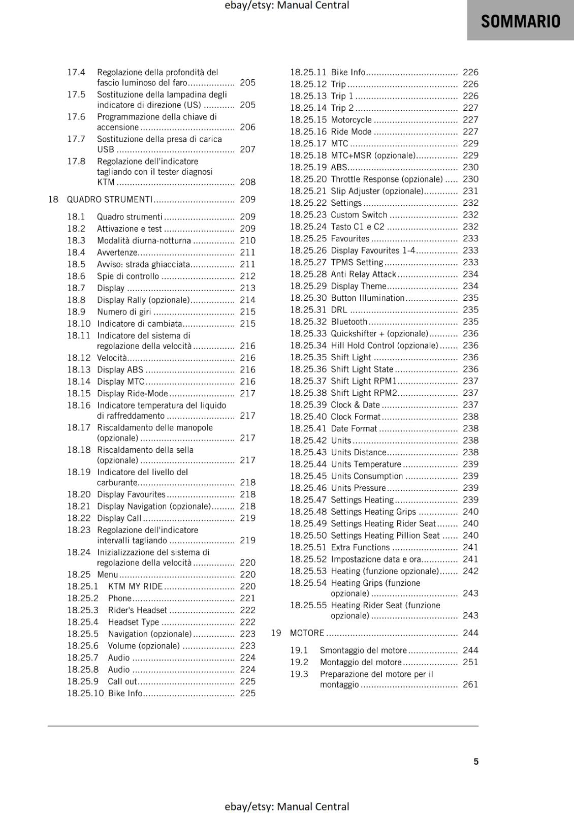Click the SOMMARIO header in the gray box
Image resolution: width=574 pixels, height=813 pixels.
[x=520, y=21]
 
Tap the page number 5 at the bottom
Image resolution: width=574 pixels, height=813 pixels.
[x=476, y=761]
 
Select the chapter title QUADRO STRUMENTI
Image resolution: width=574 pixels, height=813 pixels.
[x=109, y=199]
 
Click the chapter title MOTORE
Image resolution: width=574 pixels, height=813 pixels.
[x=307, y=633]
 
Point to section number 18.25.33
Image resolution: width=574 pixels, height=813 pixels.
[x=308, y=333]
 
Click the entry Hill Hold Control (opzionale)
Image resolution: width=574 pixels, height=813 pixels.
[x=384, y=346]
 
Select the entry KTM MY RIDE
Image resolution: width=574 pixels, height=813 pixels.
[x=135, y=586]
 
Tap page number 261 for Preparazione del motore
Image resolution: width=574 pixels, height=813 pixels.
[x=470, y=684]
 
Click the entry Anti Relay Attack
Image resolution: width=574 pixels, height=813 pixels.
[x=363, y=274]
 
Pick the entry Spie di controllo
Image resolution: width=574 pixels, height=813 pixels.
[x=128, y=276]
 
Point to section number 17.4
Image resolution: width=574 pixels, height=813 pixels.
[x=76, y=72]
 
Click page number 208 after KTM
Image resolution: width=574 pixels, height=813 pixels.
[x=247, y=182]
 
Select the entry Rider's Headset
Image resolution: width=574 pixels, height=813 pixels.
[x=137, y=610]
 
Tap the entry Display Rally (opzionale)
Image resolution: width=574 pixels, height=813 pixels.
[x=143, y=300]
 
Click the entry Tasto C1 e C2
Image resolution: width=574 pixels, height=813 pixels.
[x=358, y=227]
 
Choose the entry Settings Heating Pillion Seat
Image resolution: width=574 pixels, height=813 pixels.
[x=385, y=535]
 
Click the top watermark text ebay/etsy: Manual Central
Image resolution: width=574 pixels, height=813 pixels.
[x=286, y=6]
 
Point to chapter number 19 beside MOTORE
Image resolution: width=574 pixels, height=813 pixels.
[x=276, y=633]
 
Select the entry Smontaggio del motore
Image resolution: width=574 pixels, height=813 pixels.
[x=363, y=650]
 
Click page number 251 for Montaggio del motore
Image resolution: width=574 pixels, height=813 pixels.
[x=470, y=662]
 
